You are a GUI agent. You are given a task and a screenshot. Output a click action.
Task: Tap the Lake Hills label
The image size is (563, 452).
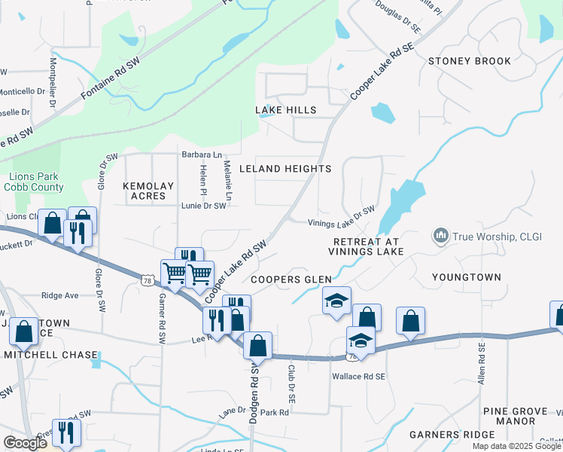pos(285,110)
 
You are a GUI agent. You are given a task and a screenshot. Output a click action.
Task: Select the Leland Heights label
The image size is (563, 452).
pos(285,169)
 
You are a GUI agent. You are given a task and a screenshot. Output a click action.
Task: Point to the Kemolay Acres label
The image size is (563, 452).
pos(148,191)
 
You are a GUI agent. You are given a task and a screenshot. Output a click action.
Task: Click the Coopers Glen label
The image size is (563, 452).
pos(291,279)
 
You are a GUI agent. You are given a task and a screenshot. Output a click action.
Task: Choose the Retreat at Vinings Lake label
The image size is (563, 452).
pos(368,246)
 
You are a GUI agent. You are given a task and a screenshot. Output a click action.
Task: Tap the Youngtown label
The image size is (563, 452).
pos(467,277)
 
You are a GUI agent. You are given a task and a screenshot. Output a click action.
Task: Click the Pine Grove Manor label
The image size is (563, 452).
pos(520,416)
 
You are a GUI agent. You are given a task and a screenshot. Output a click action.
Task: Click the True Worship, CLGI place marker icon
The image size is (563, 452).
pos(441,237)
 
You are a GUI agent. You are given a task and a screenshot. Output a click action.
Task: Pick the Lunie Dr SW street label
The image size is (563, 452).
pos(203,205)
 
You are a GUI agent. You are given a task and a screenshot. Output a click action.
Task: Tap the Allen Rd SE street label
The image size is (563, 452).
pos(481,365)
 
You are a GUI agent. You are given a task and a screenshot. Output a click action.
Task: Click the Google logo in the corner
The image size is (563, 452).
pos(25,443)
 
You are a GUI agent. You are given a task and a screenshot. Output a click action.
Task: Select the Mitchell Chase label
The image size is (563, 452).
pos(50,355)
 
